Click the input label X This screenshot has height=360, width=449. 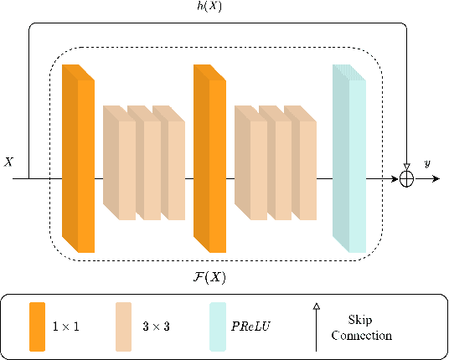pyautogui.click(x=9, y=162)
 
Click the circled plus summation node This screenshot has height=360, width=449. pyautogui.click(x=407, y=178)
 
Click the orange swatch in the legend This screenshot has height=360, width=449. pyautogui.click(x=37, y=327)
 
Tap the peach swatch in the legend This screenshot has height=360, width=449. pyautogui.click(x=123, y=327)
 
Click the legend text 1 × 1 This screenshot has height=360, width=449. pyautogui.click(x=65, y=327)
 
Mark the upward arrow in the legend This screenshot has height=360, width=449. pyautogui.click(x=317, y=327)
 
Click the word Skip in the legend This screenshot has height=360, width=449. pyautogui.click(x=361, y=320)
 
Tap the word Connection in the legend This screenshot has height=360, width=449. pyautogui.click(x=361, y=335)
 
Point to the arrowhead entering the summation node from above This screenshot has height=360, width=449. pyautogui.click(x=407, y=167)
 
